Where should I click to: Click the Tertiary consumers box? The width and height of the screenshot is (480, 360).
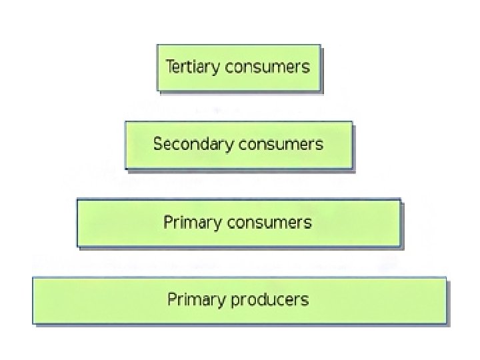239,67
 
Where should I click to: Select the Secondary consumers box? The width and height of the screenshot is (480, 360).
239,144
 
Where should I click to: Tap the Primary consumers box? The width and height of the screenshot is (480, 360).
239,223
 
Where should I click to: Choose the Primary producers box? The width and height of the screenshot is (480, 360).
239,300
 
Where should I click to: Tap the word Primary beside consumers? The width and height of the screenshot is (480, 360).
193,222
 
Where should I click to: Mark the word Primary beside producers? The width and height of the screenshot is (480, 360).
196,299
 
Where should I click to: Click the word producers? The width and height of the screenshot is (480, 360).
269,299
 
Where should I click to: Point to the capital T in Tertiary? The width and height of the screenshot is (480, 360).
169,66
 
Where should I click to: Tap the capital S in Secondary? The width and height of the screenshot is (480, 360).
157,144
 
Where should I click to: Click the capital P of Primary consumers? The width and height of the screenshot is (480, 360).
167,221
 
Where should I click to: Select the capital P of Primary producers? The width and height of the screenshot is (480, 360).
171,299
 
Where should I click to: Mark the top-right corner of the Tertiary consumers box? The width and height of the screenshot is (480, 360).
320,45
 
